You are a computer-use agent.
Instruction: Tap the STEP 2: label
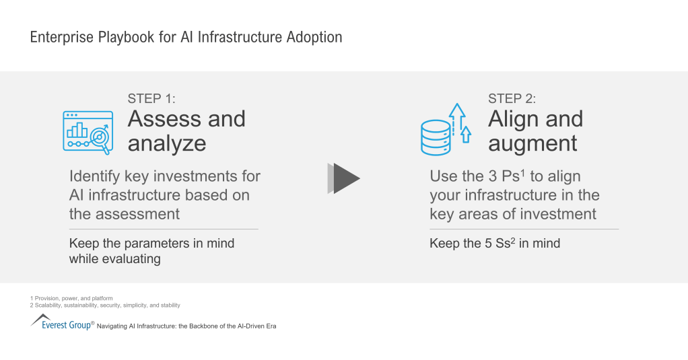pos(512,99)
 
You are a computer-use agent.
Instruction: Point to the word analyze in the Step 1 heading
pos(167,143)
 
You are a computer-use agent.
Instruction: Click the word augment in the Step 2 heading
pos(532,143)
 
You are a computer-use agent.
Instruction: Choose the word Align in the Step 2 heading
pos(513,119)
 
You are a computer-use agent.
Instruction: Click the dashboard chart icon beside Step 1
pos(88,131)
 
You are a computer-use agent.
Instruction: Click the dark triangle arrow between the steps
pos(345,178)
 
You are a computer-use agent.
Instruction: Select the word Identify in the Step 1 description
pos(94,176)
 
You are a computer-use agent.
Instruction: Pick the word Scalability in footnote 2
pos(49,305)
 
